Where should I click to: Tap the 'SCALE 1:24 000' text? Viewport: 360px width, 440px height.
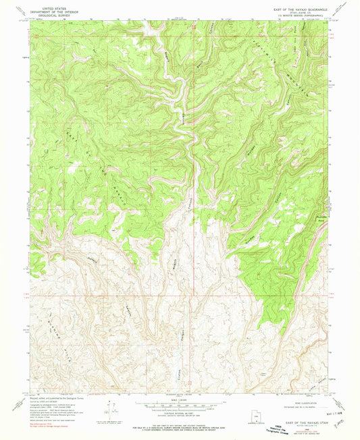(180, 400)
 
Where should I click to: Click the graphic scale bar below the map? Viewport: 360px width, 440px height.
(180, 406)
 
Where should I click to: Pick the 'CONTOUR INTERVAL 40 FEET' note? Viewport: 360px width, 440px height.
(180, 414)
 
